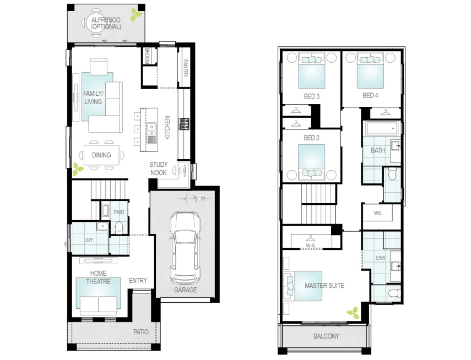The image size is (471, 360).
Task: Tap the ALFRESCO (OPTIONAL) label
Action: [x=106, y=23]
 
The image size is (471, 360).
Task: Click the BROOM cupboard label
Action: [x=148, y=56]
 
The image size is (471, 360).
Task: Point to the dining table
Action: [x=101, y=155]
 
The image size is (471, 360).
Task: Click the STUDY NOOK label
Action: [x=158, y=168]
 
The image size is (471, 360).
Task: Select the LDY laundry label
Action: [x=89, y=240]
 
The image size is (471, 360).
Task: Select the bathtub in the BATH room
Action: [x=380, y=129]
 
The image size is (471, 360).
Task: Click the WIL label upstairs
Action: [x=377, y=212]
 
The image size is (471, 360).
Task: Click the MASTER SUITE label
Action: [x=324, y=286]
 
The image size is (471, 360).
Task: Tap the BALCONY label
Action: [x=326, y=336]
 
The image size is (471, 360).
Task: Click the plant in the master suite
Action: [x=352, y=313]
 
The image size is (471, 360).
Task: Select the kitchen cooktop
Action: [x=184, y=123]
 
